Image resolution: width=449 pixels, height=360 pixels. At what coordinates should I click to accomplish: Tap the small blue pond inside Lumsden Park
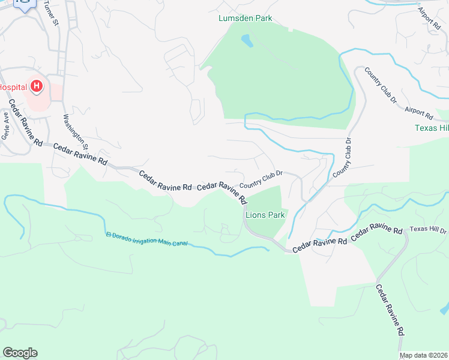[247, 41]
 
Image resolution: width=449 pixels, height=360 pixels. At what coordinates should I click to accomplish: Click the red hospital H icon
[37, 87]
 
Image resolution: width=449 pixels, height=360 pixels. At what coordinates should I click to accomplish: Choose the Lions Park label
[265, 214]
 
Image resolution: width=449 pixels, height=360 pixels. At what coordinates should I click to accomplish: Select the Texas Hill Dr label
[429, 230]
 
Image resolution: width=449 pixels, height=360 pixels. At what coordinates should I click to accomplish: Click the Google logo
[20, 353]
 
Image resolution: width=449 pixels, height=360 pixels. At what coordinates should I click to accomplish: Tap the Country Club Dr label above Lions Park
[261, 181]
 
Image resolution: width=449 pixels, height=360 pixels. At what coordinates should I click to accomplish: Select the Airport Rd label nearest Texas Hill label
[418, 112]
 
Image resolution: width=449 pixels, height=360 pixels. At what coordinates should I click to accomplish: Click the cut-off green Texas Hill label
[432, 128]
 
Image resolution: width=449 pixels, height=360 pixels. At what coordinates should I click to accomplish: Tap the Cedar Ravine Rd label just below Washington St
[80, 154]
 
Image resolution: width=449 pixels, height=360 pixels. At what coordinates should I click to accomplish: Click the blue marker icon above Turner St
[25, 5]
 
